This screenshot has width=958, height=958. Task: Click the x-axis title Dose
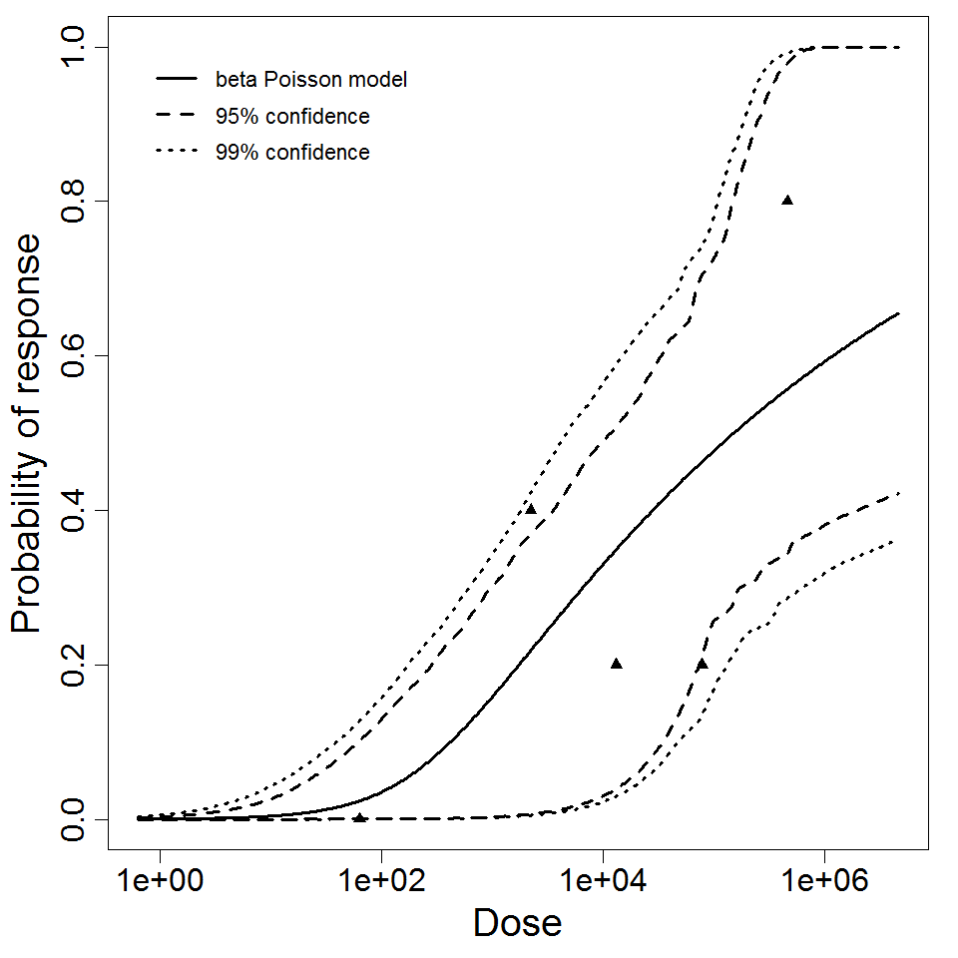click(x=517, y=924)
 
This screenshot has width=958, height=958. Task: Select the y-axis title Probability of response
click(x=28, y=433)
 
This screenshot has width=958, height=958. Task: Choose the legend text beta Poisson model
click(x=311, y=80)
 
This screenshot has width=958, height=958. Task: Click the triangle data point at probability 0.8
click(x=787, y=200)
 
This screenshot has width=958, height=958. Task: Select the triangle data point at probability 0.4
click(x=531, y=509)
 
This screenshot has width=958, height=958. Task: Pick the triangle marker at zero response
click(x=359, y=818)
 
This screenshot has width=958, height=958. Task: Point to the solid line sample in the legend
click(x=177, y=80)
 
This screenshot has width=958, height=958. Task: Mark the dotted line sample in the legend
click(x=177, y=153)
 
